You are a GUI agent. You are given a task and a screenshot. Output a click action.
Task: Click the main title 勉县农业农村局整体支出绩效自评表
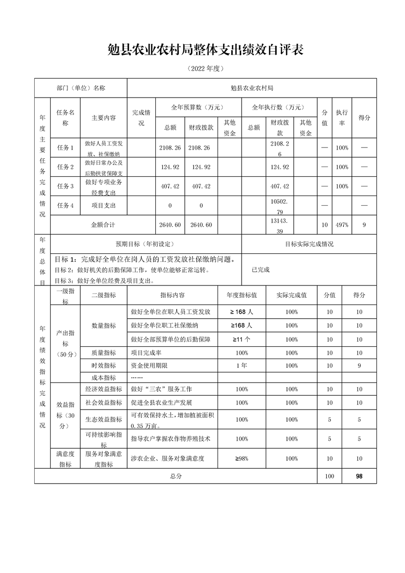pos(203,49)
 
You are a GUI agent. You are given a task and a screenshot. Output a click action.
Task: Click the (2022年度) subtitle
pos(203,68)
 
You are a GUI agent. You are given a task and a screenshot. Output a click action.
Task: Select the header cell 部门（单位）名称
pos(81,88)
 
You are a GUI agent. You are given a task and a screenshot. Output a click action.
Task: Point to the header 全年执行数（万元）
pos(278,107)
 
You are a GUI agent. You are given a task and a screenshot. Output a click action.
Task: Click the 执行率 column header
pos(342,117)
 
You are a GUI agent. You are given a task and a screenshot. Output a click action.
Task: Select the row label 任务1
pos(65,148)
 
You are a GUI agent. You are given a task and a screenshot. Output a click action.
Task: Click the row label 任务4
pos(65,205)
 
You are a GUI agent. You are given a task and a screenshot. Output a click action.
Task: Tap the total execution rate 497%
pos(342,225)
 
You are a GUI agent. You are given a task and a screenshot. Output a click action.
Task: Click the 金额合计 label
pos(103,225)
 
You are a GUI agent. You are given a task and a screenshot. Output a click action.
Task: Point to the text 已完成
pos(260,269)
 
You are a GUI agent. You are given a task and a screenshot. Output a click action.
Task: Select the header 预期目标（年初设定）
pos(145,244)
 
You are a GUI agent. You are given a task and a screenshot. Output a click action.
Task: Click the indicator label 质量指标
pos(103,352)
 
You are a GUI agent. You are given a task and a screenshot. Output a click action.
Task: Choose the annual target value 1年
pos(242,366)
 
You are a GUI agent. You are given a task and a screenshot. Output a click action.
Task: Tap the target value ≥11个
pos(242,339)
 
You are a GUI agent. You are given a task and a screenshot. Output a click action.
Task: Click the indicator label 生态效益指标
pos(103,419)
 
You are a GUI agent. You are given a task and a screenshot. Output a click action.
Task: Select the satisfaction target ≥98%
pos(242,459)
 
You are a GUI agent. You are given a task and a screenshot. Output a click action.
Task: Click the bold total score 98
pos(359,476)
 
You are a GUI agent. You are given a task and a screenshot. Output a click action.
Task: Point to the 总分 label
pos(175,476)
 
